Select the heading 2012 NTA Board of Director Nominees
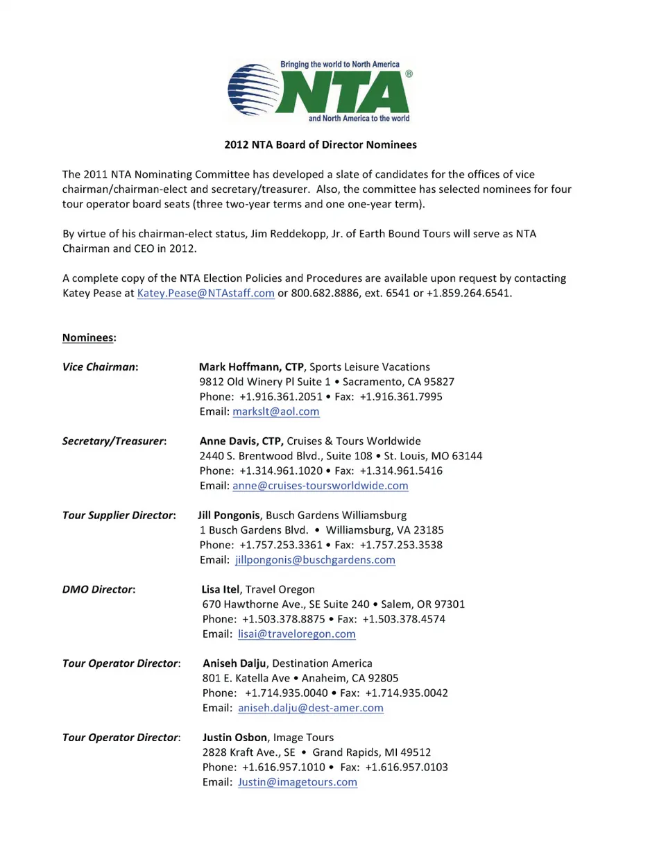pos(321,144)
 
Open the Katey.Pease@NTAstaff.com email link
pos(206,293)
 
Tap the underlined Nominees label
pos(88,337)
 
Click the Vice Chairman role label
pos(99,366)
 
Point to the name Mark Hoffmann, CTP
pos(251,366)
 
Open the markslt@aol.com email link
pos(276,412)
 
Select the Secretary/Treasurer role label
pos(114,441)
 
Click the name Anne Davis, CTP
pos(241,441)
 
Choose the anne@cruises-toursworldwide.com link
pos(321,486)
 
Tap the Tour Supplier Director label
pos(118,515)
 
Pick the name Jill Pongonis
pos(229,515)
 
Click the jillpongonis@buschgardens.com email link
pos(315,560)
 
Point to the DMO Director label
pos(98,589)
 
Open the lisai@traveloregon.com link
pos(297,634)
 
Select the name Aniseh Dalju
pos(234,663)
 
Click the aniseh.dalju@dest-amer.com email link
pos(311,708)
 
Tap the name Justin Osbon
pos(234,737)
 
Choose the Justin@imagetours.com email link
pos(298,782)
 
